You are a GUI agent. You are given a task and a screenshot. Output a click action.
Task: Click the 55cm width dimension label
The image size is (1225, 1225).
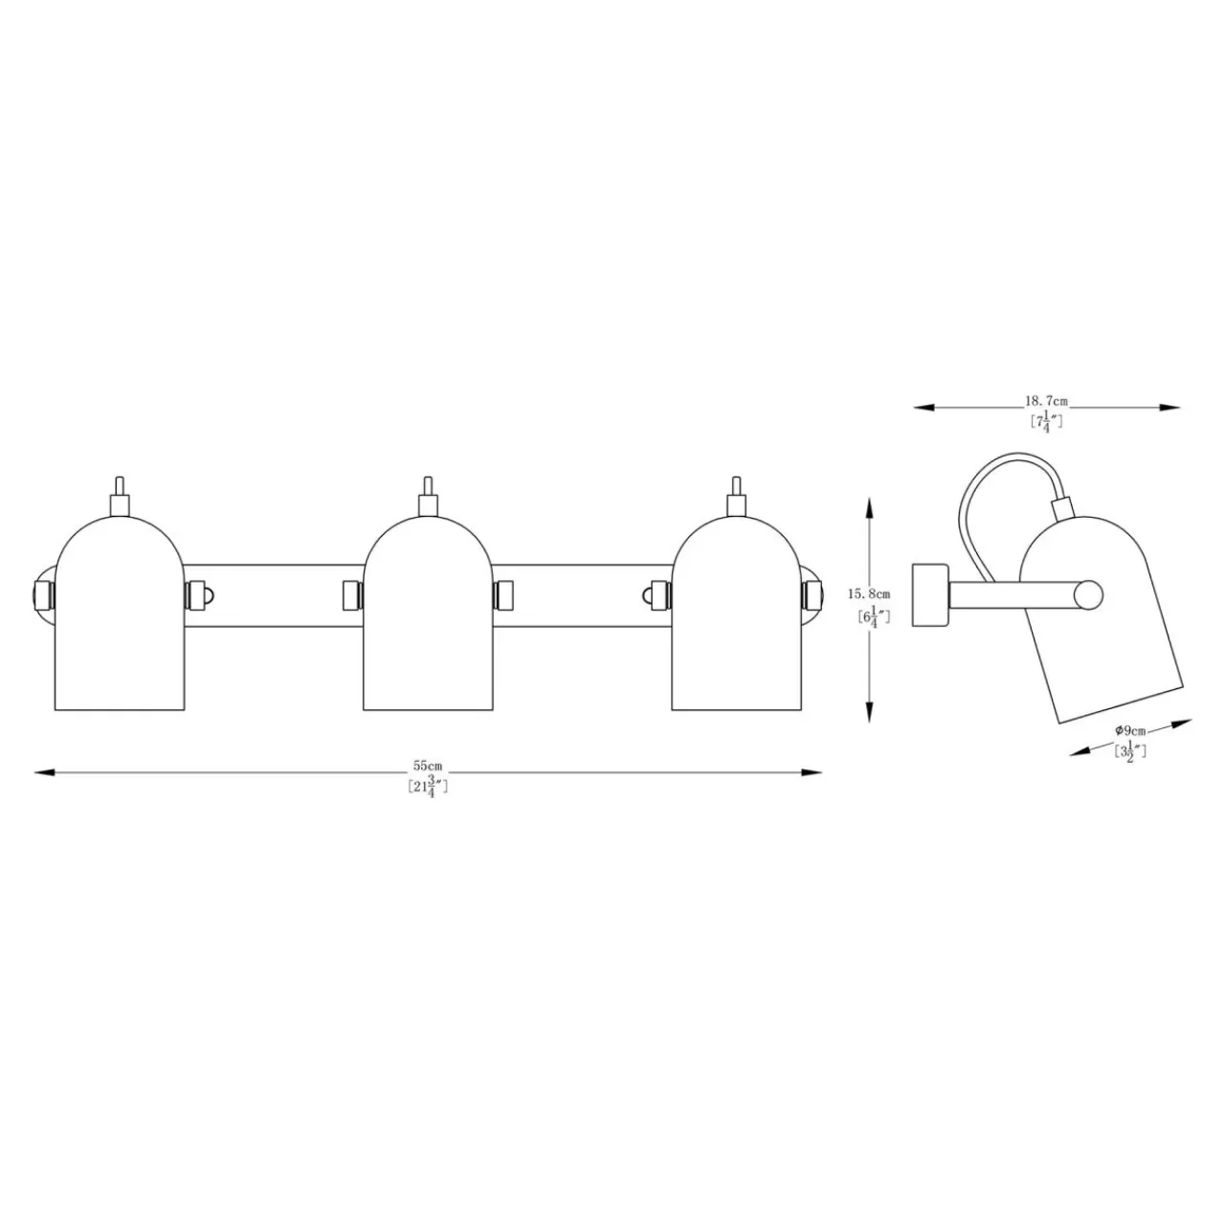427,766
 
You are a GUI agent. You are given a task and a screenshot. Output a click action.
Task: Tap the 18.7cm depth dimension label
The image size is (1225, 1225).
1046,401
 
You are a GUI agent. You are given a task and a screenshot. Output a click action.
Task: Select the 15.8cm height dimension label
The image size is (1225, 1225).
869,593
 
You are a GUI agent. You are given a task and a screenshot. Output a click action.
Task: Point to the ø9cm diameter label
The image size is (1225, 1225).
1129,730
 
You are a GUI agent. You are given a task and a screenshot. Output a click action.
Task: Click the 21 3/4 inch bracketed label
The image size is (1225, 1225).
428,788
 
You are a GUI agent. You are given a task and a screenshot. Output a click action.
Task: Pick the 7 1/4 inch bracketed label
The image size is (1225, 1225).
1046,422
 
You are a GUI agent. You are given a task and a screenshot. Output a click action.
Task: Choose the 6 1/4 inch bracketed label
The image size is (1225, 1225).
873,617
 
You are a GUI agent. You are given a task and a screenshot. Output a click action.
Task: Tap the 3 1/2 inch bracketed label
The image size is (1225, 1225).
1129,752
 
